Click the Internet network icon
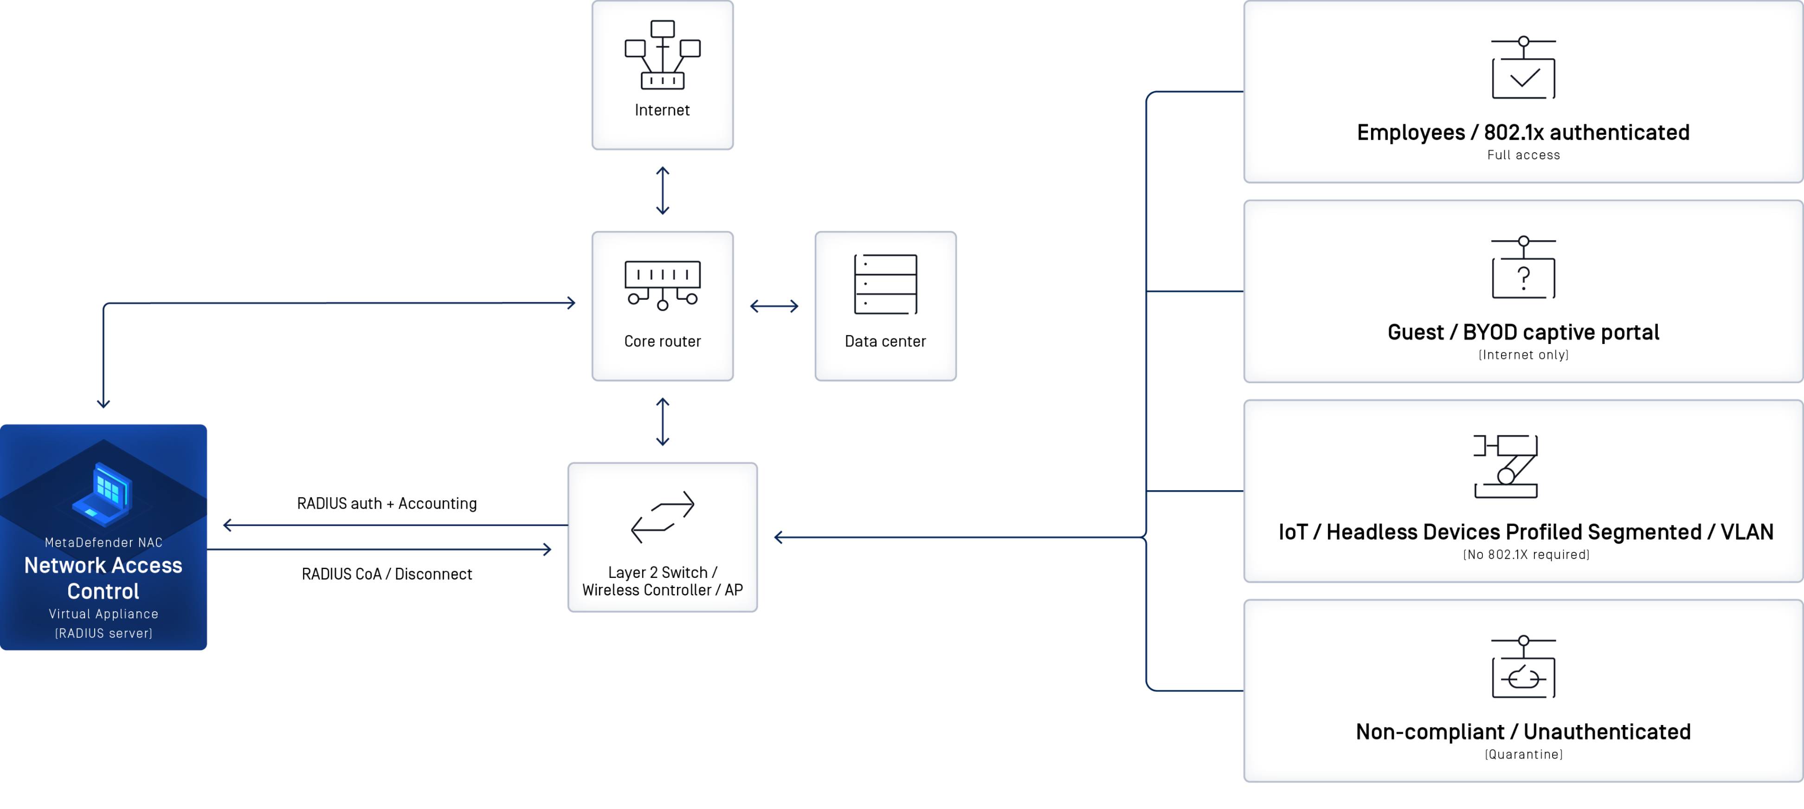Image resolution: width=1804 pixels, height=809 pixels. pos(663,55)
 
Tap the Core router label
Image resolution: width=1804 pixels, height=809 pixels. pos(663,341)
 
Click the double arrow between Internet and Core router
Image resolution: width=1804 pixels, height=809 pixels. pos(663,190)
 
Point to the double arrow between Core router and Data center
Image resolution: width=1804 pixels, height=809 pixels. pos(774,306)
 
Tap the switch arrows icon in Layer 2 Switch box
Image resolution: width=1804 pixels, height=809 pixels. pos(663,517)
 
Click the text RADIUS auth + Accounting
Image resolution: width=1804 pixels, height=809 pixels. pos(387,504)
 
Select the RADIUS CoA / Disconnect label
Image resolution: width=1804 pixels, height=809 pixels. pos(387,574)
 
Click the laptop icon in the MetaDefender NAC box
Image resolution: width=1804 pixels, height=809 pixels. pos(103,494)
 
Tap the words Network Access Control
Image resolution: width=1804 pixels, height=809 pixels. pos(103,578)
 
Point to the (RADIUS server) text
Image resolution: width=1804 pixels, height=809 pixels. pos(103,633)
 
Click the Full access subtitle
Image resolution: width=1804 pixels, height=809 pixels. pos(1523,155)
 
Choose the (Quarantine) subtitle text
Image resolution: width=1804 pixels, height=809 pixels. pos(1523,754)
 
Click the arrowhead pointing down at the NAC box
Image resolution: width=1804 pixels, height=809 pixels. pos(103,403)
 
